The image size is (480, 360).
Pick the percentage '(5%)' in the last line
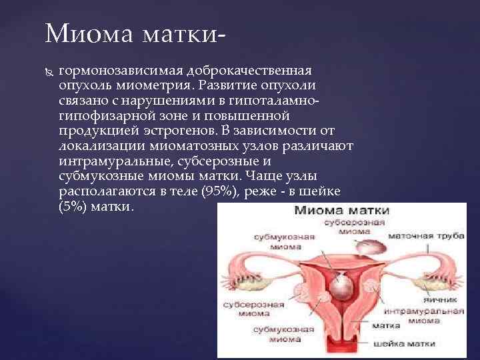click(x=74, y=206)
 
